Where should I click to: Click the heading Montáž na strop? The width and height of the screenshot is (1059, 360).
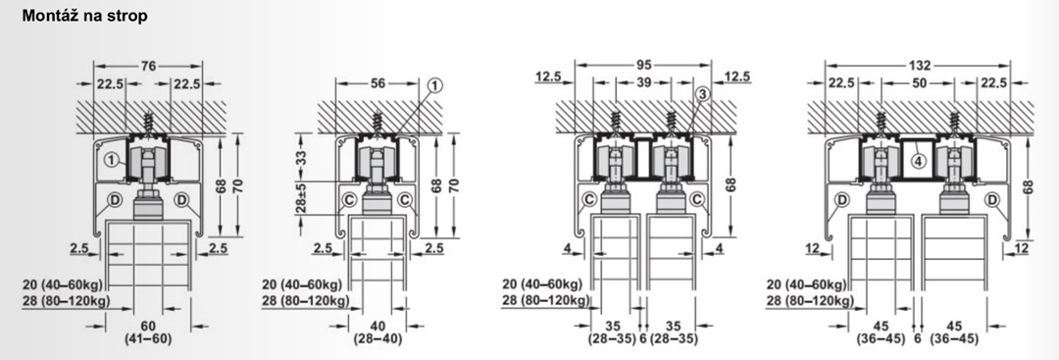[84, 16]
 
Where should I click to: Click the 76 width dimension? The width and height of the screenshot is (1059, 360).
[148, 66]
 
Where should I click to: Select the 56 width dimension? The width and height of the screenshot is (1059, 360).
[378, 83]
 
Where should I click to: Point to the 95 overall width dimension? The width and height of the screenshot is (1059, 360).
[643, 66]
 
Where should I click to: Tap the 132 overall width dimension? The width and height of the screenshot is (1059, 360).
[919, 66]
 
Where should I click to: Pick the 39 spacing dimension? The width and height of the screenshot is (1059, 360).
[643, 82]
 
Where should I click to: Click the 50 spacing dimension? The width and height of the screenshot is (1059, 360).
[919, 83]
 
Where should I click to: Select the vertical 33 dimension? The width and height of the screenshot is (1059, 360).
[301, 158]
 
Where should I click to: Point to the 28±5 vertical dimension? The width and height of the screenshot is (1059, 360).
[301, 198]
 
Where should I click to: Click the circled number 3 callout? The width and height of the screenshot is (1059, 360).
[702, 94]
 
